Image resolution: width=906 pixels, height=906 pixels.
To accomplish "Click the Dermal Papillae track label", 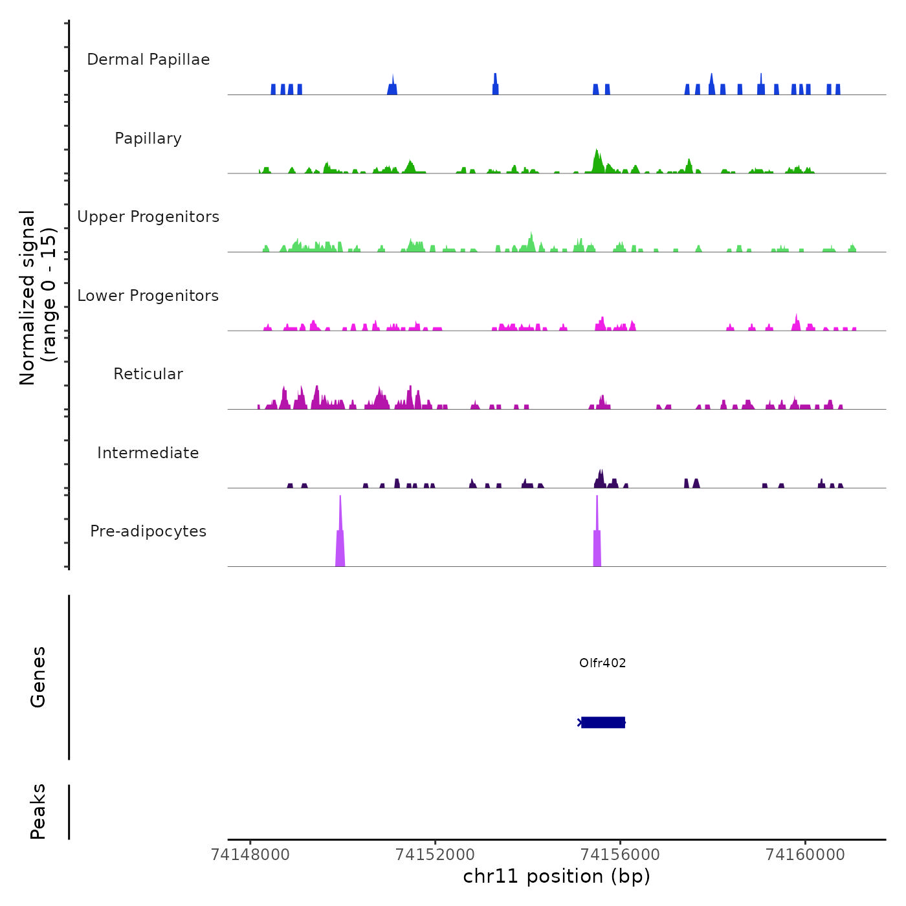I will click(148, 60).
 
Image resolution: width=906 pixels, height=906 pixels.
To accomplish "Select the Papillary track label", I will click(148, 138).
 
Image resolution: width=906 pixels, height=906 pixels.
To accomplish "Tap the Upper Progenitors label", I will click(148, 217).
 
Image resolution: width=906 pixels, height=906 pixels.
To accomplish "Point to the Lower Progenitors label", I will click(148, 296).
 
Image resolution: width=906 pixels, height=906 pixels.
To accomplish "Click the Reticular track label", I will click(148, 374).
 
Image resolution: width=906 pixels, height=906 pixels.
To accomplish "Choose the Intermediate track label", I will click(148, 453).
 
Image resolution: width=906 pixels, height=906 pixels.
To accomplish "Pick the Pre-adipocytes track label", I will click(148, 531).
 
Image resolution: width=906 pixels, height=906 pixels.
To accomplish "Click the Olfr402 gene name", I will click(602, 663).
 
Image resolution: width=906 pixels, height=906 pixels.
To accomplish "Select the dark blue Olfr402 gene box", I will click(603, 722).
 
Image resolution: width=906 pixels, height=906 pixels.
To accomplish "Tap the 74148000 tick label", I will click(250, 855).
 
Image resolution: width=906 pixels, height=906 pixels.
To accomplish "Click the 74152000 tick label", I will click(435, 855).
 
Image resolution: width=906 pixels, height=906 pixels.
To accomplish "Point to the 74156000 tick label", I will click(620, 855).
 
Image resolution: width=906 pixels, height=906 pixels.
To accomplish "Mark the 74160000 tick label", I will click(805, 855).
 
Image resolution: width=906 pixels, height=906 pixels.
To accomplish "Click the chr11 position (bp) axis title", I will click(557, 876).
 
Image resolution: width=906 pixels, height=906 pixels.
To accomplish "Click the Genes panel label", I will click(38, 677).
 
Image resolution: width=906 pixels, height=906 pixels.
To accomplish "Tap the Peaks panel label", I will click(38, 812).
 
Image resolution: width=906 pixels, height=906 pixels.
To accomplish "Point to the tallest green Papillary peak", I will click(597, 161).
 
